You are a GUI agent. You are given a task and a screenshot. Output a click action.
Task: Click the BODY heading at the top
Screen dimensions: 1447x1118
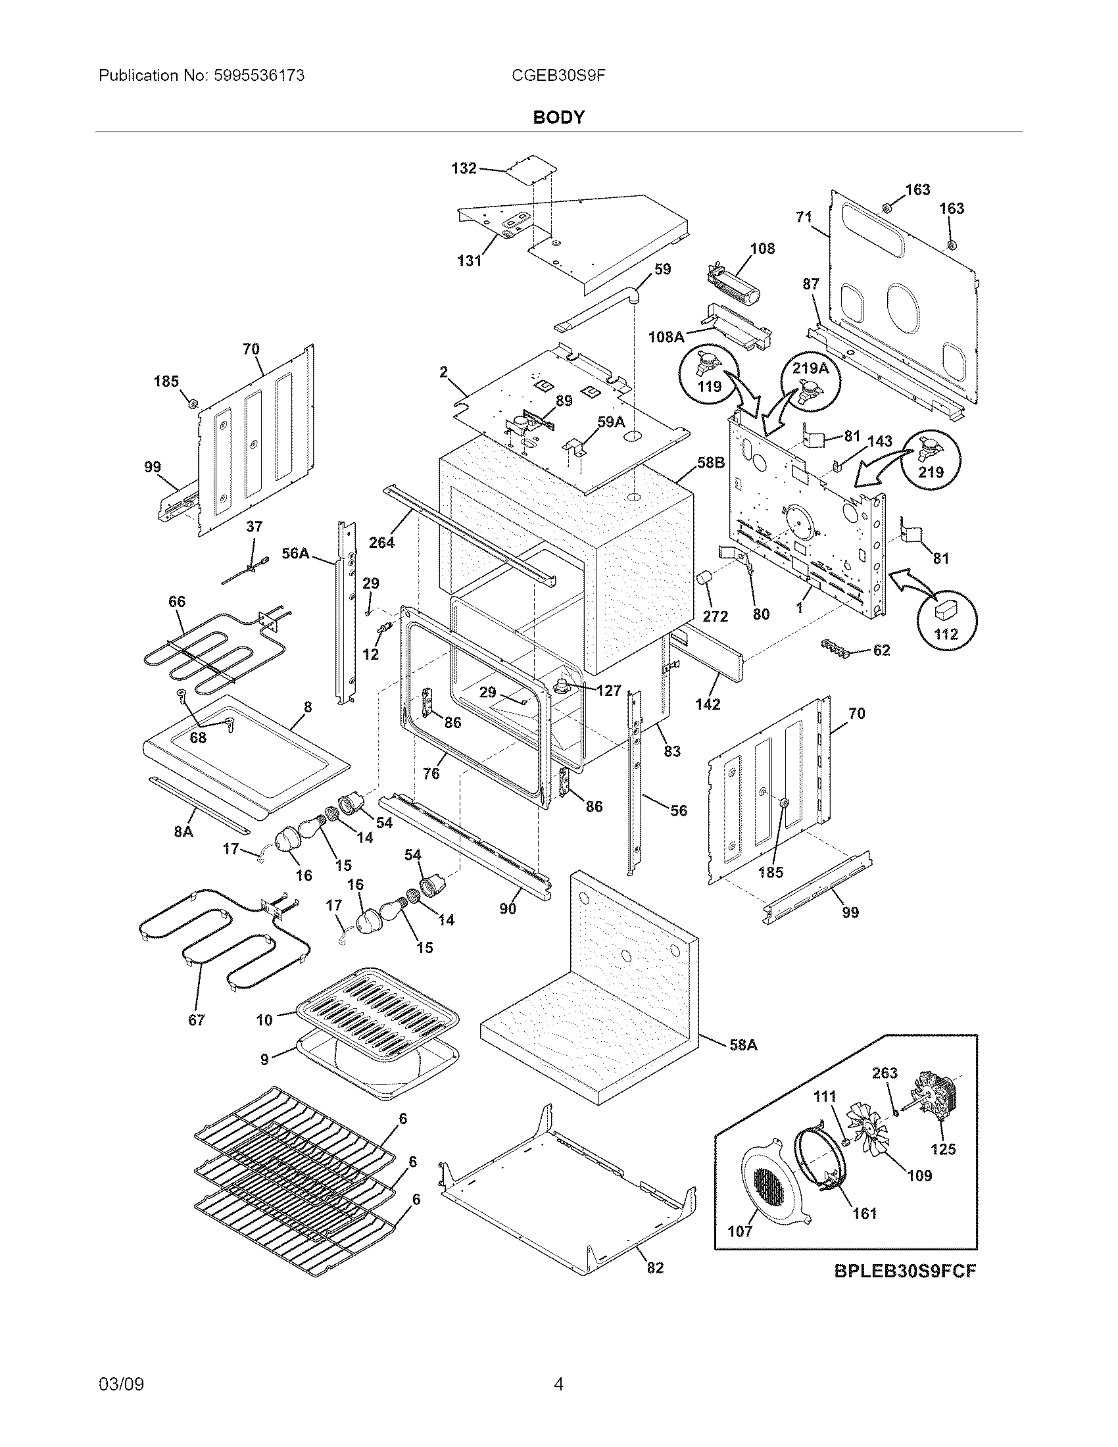point(558,117)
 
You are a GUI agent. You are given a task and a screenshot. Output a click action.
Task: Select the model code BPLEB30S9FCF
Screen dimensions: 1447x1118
point(905,1271)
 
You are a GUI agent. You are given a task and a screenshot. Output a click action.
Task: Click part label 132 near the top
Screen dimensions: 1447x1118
point(464,168)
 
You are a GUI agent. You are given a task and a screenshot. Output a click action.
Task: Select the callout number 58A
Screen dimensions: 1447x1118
point(743,1045)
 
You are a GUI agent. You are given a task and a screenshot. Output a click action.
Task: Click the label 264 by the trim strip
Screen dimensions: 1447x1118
point(381,542)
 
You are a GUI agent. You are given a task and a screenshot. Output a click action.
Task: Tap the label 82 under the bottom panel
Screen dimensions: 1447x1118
point(654,1267)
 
